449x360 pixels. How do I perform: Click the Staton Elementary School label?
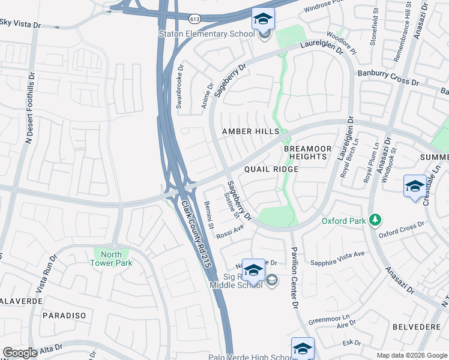(x=206, y=34)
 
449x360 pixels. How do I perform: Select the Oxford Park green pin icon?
(x=376, y=221)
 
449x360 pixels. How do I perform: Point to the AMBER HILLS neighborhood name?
(x=250, y=131)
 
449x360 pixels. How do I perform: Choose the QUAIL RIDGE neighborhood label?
(x=271, y=170)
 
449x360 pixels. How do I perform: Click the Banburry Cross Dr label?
(x=388, y=77)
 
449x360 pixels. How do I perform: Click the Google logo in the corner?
(x=20, y=353)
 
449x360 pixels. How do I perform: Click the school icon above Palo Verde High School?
(x=303, y=348)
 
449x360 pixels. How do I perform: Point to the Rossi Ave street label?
(x=231, y=230)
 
